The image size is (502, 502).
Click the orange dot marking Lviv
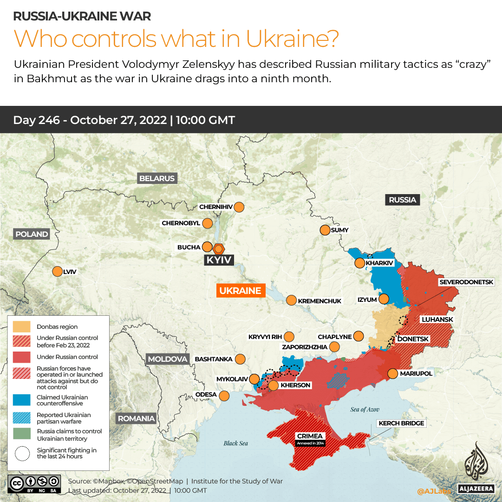pyautogui.click(x=57, y=271)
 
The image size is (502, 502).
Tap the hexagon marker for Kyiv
pyautogui.click(x=218, y=248)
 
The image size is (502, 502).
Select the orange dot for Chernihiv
pyautogui.click(x=239, y=207)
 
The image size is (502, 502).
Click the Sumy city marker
pyautogui.click(x=324, y=230)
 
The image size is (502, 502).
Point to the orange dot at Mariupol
pyautogui.click(x=392, y=373)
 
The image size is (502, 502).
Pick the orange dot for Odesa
pyautogui.click(x=224, y=396)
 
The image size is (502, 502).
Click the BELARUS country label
pyautogui.click(x=157, y=178)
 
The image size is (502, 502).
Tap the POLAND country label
pyautogui.click(x=32, y=234)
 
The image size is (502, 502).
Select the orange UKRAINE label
pyautogui.click(x=240, y=291)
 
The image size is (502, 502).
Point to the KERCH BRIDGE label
pyautogui.click(x=401, y=423)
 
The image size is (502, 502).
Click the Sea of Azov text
pyautogui.click(x=365, y=409)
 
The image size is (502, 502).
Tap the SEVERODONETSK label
pyautogui.click(x=470, y=282)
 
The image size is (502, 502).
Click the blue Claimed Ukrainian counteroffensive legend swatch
pyautogui.click(x=22, y=400)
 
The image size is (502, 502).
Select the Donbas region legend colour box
pyautogui.click(x=22, y=326)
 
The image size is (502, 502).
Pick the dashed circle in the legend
pyautogui.click(x=22, y=453)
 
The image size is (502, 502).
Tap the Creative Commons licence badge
pyautogui.click(x=34, y=483)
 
